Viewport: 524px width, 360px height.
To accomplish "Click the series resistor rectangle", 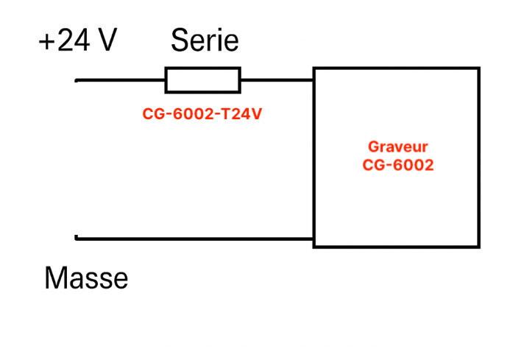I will [202, 80].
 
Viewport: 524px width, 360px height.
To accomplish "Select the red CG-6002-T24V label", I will [202, 115].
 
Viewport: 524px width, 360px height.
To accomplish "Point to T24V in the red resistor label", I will [247, 115].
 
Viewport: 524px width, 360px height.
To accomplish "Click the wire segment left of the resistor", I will [120, 80].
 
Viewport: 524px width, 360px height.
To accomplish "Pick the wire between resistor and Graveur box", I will [277, 80].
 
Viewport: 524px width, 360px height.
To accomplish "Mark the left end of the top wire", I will [77, 80].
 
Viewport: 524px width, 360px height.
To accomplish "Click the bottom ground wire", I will [195, 238].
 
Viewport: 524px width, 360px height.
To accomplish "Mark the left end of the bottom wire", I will [77, 238].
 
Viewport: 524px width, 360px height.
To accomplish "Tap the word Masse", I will [86, 278].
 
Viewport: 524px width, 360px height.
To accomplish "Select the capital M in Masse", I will [56, 278].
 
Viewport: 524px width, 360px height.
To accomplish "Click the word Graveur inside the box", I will [397, 147].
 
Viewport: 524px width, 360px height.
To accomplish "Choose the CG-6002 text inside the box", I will [397, 165].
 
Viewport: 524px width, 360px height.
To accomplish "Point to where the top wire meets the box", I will [314, 80].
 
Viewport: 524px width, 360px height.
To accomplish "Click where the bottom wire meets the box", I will [314, 238].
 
